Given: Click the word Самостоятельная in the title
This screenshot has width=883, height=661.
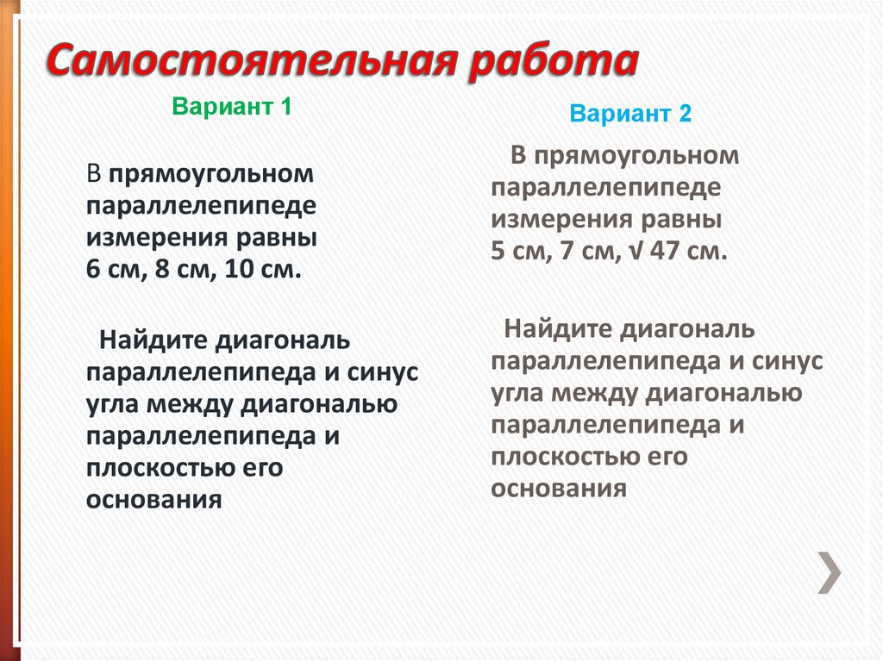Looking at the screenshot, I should point(250,65).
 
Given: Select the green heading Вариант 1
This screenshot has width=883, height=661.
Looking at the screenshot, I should point(232,108).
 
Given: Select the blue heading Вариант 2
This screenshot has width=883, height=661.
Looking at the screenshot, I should point(630,114).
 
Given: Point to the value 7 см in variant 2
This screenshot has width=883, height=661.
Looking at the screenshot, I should point(586,252).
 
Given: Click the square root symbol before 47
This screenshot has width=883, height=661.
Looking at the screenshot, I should point(635,252).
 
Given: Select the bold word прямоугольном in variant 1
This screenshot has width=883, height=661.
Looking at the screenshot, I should point(210,175).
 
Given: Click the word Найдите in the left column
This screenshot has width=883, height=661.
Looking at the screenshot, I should point(155,340).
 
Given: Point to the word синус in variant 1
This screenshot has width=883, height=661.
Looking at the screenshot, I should point(384,372).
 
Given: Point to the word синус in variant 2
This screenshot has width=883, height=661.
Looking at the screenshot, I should point(789,360).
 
